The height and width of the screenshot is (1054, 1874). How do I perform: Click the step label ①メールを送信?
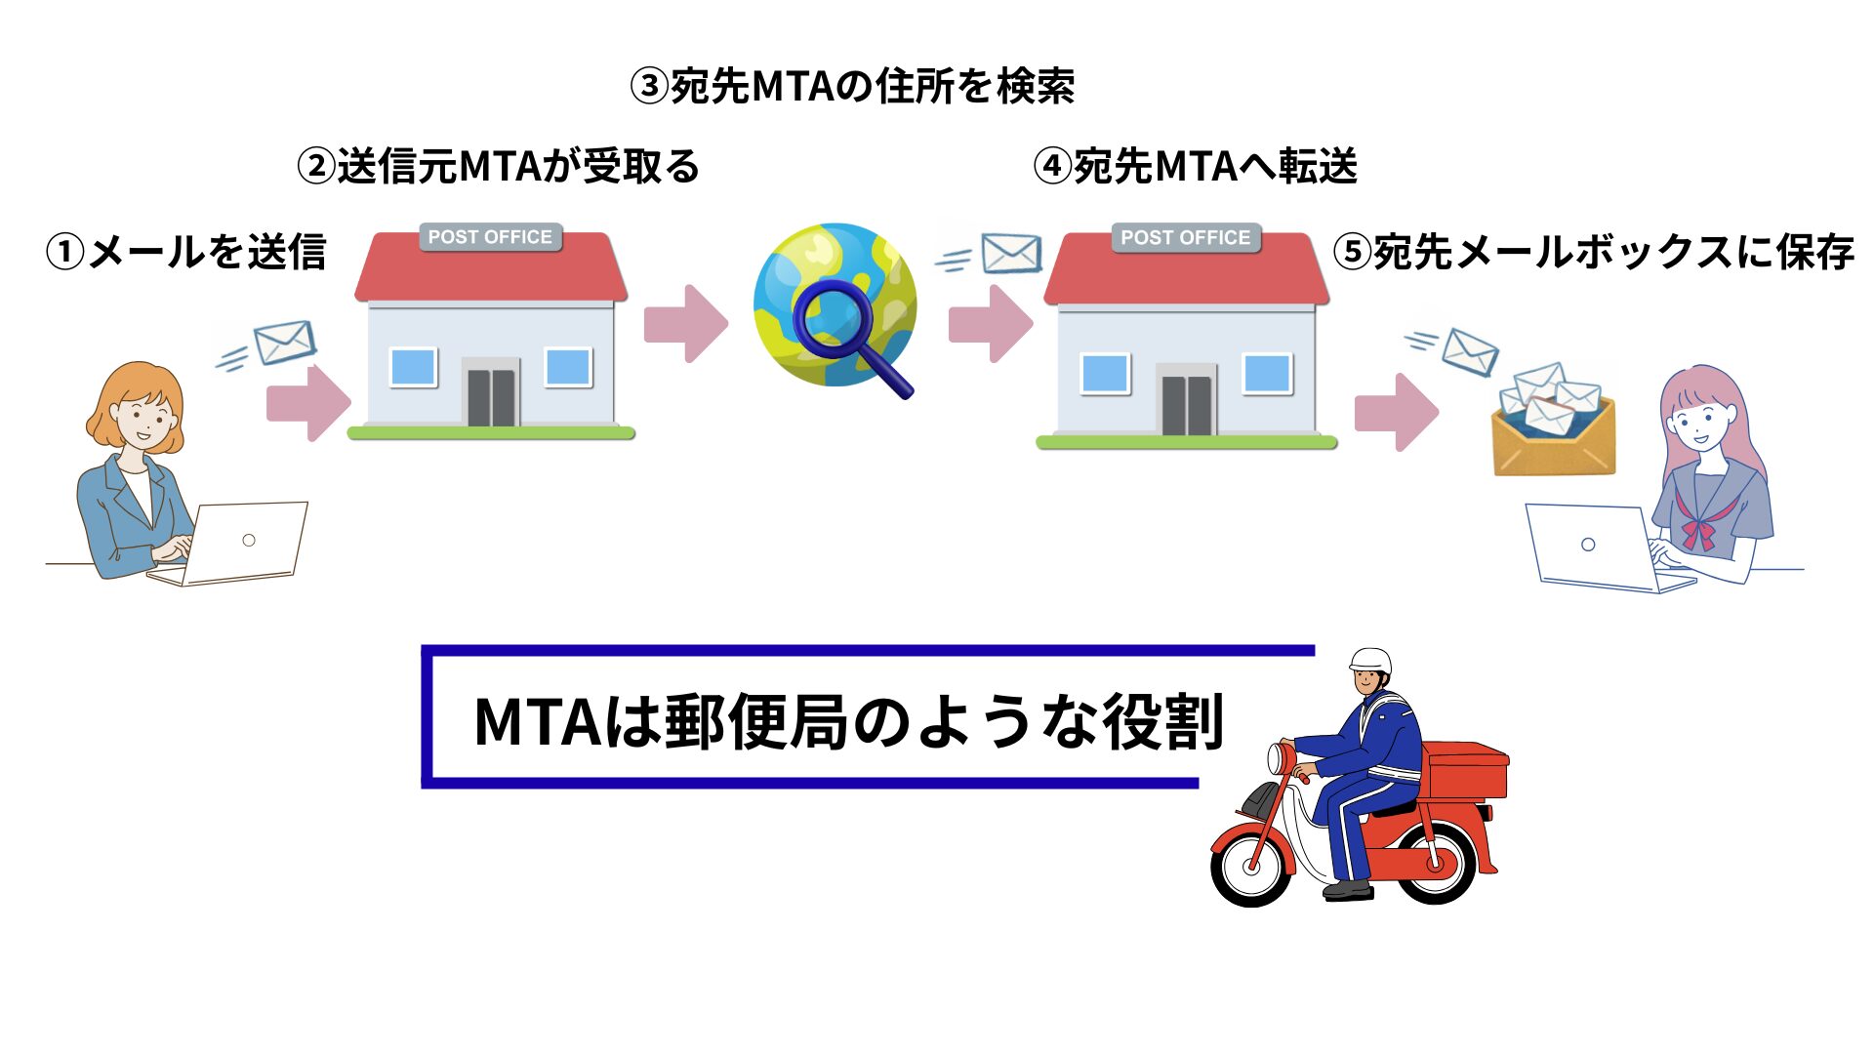(185, 252)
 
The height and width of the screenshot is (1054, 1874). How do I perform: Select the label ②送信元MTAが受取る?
(498, 166)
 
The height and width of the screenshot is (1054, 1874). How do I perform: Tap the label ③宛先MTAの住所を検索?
(852, 86)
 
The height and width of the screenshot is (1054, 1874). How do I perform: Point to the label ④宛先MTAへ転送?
(1195, 166)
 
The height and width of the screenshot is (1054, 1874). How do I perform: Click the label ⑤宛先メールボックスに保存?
(1593, 252)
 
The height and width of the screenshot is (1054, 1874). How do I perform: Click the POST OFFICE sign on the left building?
(490, 237)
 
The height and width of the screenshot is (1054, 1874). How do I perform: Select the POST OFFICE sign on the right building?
(1185, 237)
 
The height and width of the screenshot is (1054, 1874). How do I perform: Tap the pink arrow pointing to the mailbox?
(1397, 413)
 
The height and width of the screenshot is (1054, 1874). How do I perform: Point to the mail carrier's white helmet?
(1370, 660)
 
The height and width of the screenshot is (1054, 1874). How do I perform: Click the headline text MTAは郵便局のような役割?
(847, 722)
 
